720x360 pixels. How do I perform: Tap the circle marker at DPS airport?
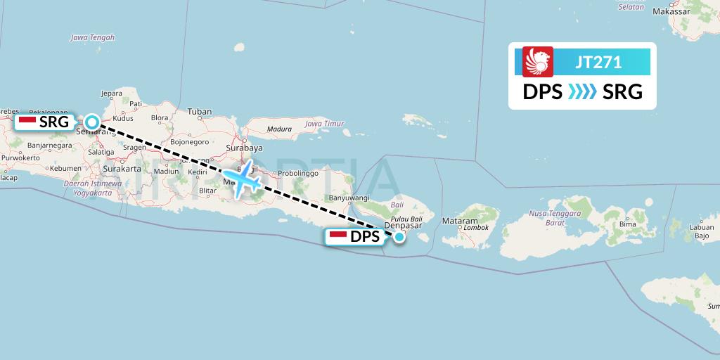click(x=399, y=237)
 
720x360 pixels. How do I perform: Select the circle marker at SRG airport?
click(x=91, y=121)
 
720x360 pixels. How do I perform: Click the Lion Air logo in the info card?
click(x=539, y=61)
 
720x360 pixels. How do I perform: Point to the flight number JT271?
click(x=598, y=62)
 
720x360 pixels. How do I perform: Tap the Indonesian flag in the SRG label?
click(x=27, y=122)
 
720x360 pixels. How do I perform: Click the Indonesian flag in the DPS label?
click(x=338, y=237)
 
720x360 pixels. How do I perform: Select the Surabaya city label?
click(x=247, y=148)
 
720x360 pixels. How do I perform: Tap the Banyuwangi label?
click(x=345, y=198)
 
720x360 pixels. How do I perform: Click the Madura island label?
click(x=279, y=129)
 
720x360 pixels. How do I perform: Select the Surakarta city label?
click(x=121, y=169)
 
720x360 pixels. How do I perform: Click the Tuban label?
click(x=200, y=111)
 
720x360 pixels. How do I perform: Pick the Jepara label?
click(x=112, y=93)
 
